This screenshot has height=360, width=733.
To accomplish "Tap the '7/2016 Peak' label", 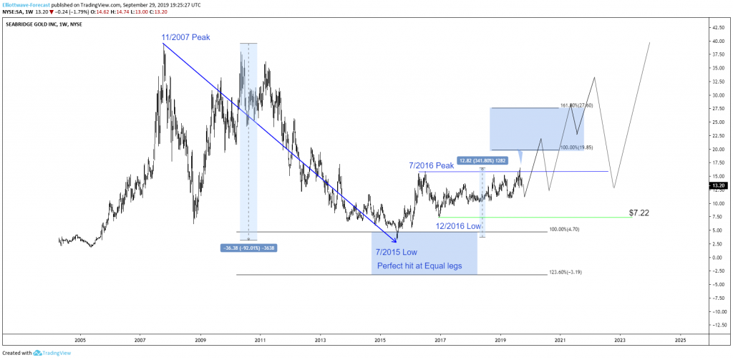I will coord(432,165).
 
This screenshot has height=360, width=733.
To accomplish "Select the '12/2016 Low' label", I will coord(460,226).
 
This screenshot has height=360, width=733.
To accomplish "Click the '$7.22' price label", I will coord(640,213).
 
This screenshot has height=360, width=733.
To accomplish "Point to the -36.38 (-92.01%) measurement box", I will coord(248,248).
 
